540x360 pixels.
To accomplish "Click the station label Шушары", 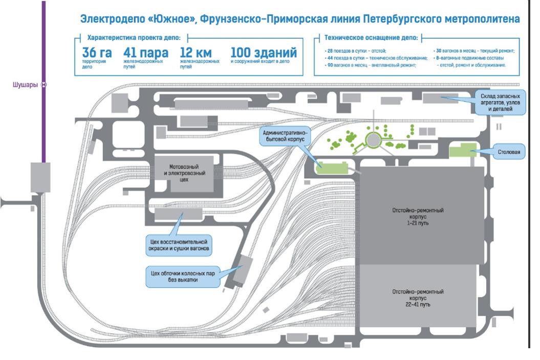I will click(25, 85).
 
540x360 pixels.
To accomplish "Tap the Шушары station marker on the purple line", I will click(44, 85).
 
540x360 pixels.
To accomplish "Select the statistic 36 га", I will click(97, 53).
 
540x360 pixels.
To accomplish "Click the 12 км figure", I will click(197, 53).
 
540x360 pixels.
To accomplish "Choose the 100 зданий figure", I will click(263, 53).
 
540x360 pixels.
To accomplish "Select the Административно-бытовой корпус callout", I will click(284, 136).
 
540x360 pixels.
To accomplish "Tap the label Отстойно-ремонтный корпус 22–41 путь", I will click(418, 298).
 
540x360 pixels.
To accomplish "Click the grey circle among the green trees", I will click(374, 139).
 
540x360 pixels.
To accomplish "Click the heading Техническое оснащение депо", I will click(371, 37).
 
